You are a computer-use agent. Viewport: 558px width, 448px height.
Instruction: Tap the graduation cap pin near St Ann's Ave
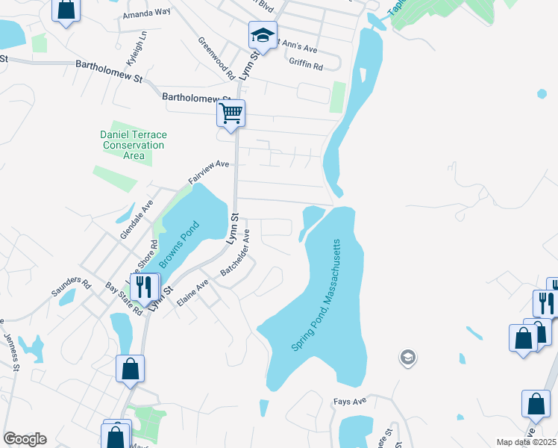(x=263, y=35)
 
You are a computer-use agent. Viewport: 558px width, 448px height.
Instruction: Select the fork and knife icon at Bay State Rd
(x=144, y=287)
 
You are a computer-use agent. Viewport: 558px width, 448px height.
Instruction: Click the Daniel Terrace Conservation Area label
(x=134, y=145)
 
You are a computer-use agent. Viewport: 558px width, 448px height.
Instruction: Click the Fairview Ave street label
(x=208, y=172)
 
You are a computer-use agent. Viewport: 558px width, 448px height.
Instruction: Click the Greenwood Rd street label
(x=216, y=57)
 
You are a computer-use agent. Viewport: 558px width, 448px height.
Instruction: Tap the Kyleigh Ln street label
(x=142, y=46)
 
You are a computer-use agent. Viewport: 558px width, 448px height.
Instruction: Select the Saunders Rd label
(x=71, y=284)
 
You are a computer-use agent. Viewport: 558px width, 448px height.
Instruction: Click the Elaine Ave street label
(x=192, y=292)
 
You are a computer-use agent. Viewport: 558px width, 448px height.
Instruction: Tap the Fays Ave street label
(x=349, y=402)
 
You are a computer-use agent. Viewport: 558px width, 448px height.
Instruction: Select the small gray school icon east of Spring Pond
(x=407, y=358)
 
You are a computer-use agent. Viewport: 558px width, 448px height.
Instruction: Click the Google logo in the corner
(x=25, y=439)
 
